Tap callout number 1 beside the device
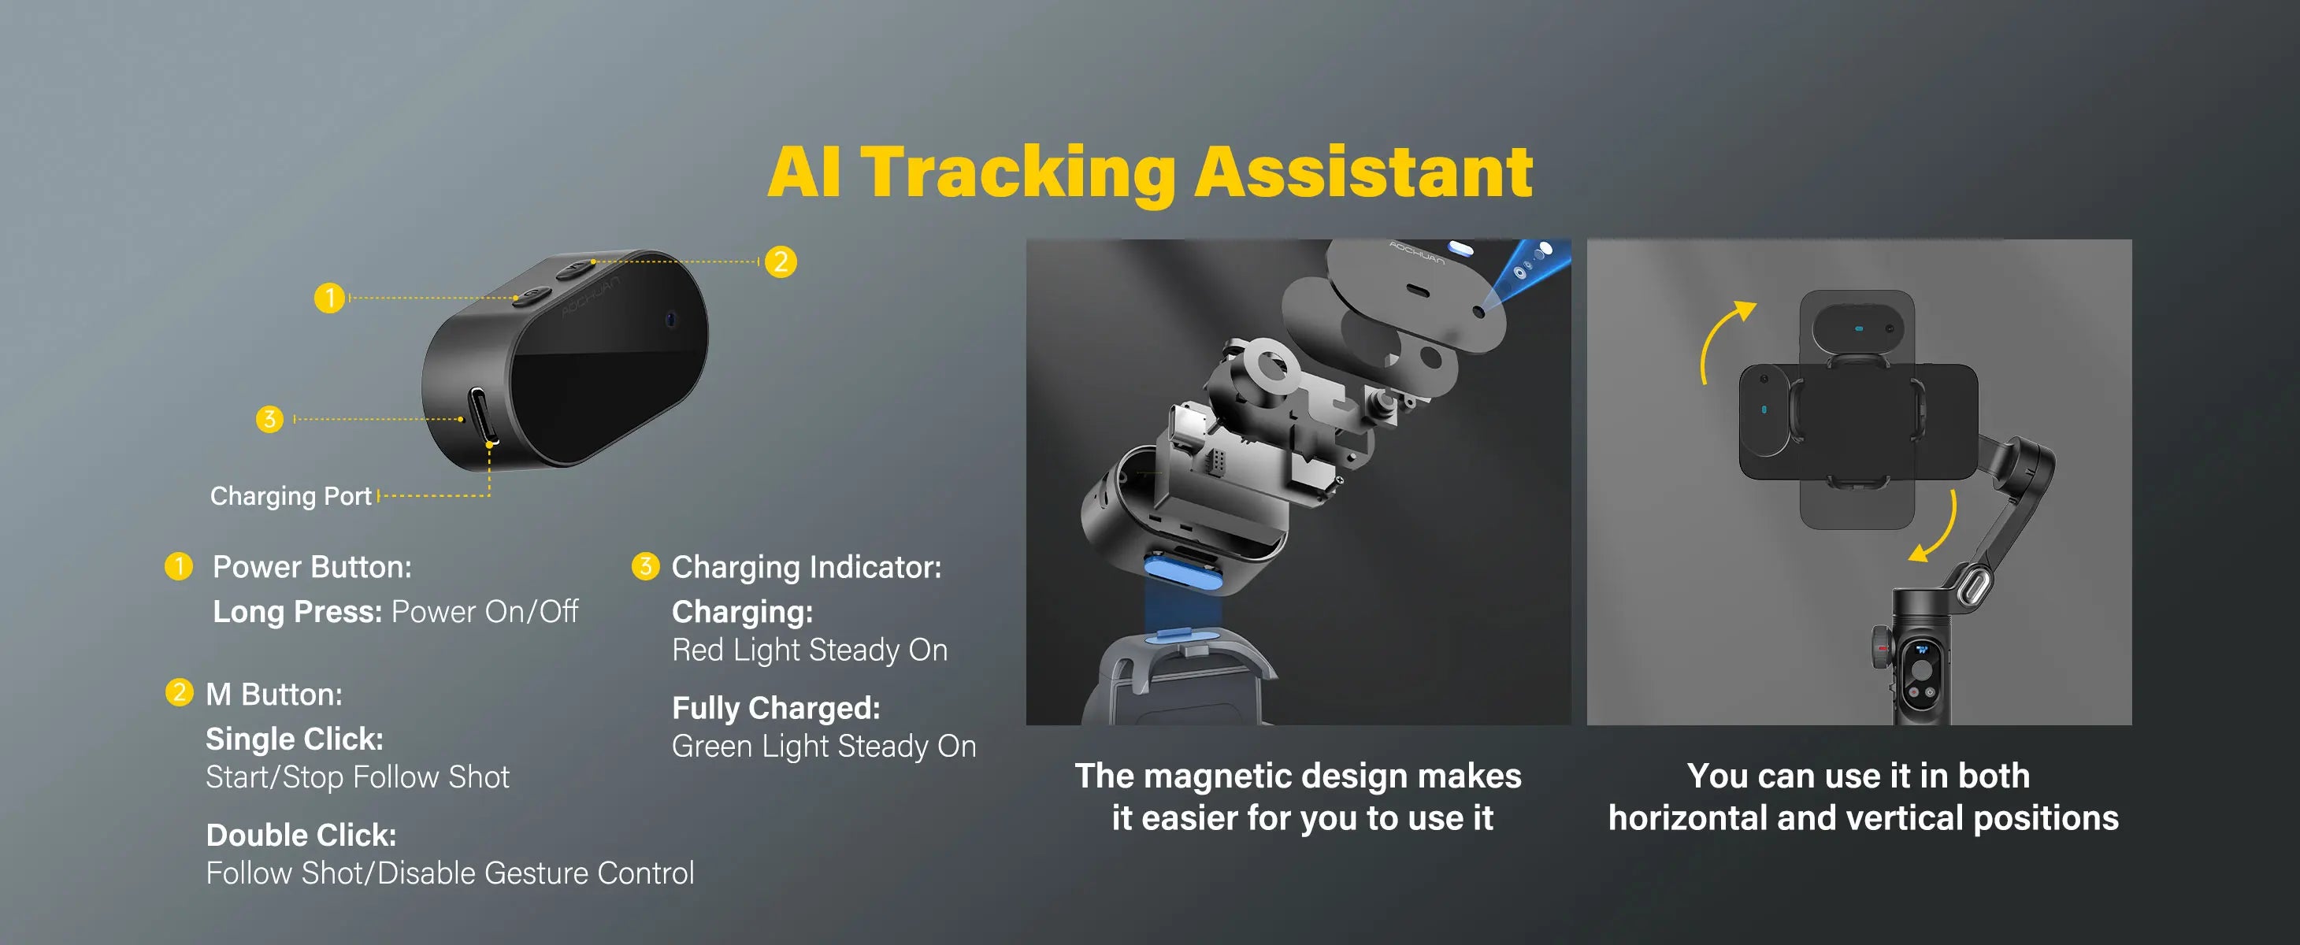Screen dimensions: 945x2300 pyautogui.click(x=329, y=297)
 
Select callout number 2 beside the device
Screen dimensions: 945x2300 pyautogui.click(x=781, y=261)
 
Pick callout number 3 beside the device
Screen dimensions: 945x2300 pyautogui.click(x=269, y=418)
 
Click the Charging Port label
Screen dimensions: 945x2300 pyautogui.click(x=290, y=496)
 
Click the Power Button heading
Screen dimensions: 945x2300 pyautogui.click(x=312, y=567)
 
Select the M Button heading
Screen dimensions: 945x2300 pyautogui.click(x=273, y=695)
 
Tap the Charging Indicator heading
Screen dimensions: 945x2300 pyautogui.click(x=805, y=567)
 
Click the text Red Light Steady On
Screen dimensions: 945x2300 pyautogui.click(x=809, y=650)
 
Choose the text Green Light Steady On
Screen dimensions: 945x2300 pyautogui.click(x=823, y=746)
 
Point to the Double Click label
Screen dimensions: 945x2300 pyautogui.click(x=301, y=834)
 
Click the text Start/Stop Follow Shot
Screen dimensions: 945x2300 pyautogui.click(x=357, y=777)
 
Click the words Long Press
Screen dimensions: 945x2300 pyautogui.click(x=296, y=612)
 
